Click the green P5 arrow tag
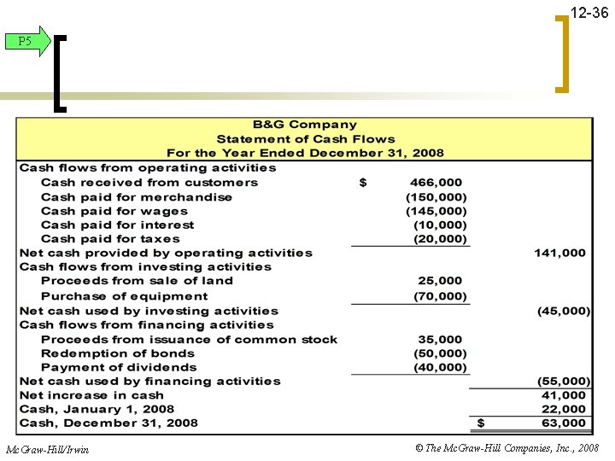coord(26,41)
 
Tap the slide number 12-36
coord(589,15)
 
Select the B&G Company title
coord(305,125)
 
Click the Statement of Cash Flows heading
coord(305,139)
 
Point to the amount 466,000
coord(436,182)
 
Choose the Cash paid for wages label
coord(114,211)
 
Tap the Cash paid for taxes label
coord(110,239)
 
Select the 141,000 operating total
coord(560,253)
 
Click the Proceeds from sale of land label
coord(137,281)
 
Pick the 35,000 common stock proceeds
coord(440,339)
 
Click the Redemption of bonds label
coord(118,353)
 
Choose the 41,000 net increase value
coord(564,395)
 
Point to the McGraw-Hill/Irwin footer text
coord(47,449)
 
